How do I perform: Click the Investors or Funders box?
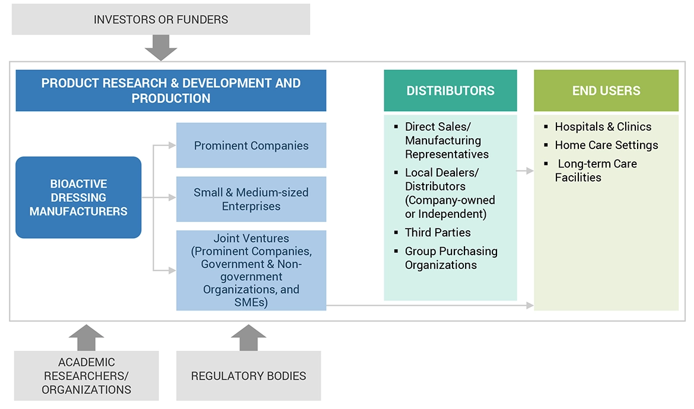click(161, 19)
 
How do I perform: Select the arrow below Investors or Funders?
click(161, 47)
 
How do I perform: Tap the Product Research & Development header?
click(171, 91)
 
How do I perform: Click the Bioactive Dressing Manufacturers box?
click(78, 197)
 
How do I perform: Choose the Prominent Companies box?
click(251, 145)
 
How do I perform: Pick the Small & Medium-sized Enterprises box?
click(251, 199)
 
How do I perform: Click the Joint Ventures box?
click(251, 270)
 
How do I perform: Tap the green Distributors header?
click(450, 91)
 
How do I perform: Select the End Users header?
click(606, 91)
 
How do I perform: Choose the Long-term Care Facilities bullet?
click(596, 170)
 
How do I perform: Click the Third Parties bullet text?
click(438, 232)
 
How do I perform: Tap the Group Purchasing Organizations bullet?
click(451, 258)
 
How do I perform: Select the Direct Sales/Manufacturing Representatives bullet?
click(447, 140)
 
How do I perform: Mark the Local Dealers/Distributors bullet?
click(450, 193)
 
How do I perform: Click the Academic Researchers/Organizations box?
click(87, 375)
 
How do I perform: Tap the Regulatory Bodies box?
click(249, 375)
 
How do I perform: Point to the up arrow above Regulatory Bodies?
click(249, 337)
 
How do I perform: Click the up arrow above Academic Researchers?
click(87, 337)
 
